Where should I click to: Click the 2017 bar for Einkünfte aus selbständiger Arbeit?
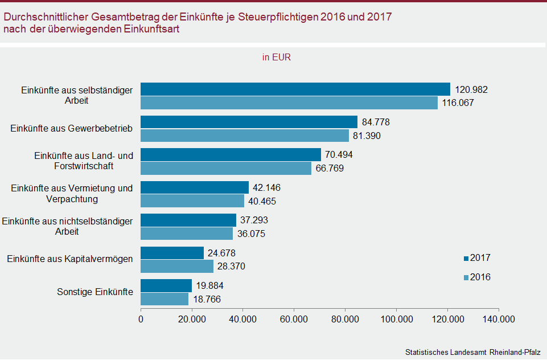click(x=295, y=89)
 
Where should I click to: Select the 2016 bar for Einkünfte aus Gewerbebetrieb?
click(x=245, y=136)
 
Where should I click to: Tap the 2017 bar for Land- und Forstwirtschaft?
click(x=231, y=155)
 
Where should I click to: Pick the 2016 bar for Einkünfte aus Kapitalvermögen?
click(x=177, y=266)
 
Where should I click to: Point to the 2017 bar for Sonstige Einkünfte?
click(x=166, y=285)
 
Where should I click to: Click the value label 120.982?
click(x=472, y=90)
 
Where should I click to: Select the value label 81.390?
click(x=367, y=136)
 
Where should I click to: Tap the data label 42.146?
click(x=266, y=188)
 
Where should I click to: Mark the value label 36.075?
click(x=250, y=234)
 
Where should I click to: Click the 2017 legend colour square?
click(x=466, y=259)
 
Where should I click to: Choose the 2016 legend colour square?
click(x=466, y=278)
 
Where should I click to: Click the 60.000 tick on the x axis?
click(x=294, y=320)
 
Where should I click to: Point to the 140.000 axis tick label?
click(x=498, y=320)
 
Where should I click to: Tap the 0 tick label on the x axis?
click(x=141, y=320)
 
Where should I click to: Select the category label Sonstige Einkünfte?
click(x=95, y=292)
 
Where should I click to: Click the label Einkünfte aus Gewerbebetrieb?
click(x=72, y=129)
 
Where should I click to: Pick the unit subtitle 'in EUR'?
click(x=277, y=57)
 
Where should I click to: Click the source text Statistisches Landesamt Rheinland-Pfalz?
click(x=472, y=351)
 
